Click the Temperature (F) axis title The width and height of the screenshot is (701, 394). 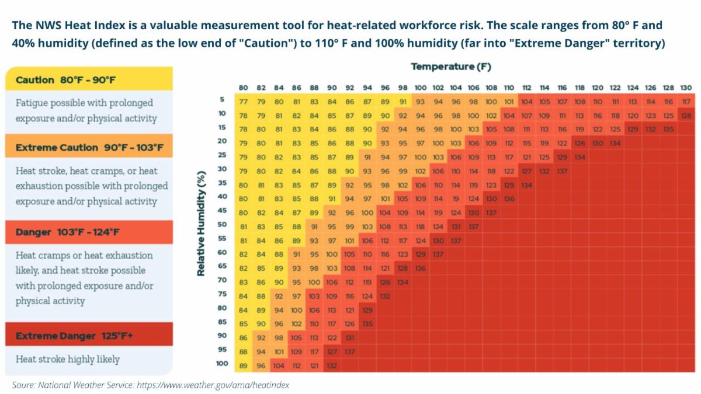pyautogui.click(x=451, y=67)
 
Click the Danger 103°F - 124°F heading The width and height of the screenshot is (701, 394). pyautogui.click(x=68, y=232)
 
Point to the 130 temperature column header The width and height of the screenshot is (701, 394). pyautogui.click(x=686, y=88)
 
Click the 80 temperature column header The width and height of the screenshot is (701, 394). pyautogui.click(x=244, y=88)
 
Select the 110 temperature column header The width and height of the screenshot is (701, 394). pyautogui.click(x=509, y=88)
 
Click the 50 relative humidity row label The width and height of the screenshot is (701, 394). pyautogui.click(x=222, y=224)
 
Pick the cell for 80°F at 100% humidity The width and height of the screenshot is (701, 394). pyautogui.click(x=244, y=365)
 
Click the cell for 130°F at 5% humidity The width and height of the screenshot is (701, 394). pyautogui.click(x=686, y=101)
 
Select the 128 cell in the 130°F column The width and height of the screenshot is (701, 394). pyautogui.click(x=686, y=116)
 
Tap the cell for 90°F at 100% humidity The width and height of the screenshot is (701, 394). pyautogui.click(x=332, y=365)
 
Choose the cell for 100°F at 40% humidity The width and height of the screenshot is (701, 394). pyautogui.click(x=420, y=198)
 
